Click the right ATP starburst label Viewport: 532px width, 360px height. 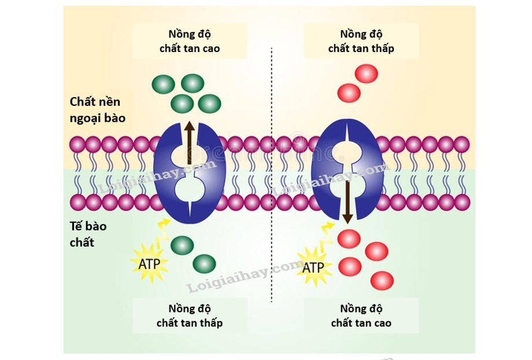tap(313, 267)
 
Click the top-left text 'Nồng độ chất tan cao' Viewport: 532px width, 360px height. tap(190, 41)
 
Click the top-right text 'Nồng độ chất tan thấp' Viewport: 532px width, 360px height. tap(361, 41)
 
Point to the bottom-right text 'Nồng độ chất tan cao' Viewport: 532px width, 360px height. tap(361, 315)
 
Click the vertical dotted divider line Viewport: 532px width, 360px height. tap(271, 173)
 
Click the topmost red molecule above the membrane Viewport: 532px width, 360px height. tap(365, 74)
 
